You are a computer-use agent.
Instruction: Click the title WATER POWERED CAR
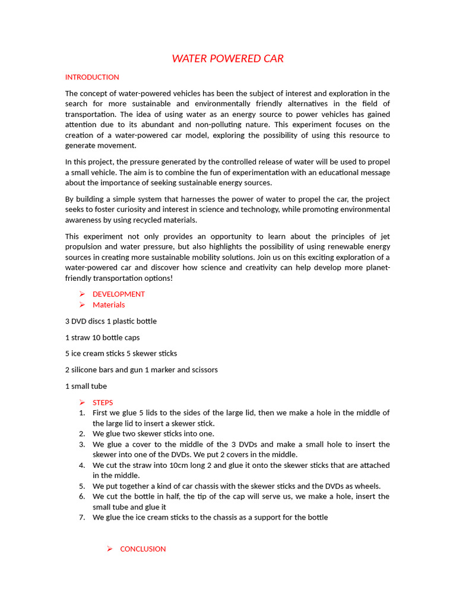228,59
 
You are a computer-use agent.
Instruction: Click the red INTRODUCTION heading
92,77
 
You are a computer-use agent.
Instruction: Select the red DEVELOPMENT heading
119,294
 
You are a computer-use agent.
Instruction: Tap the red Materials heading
109,305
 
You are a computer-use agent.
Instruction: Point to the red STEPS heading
103,403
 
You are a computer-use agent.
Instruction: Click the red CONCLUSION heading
143,549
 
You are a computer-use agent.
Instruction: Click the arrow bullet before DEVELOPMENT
82,294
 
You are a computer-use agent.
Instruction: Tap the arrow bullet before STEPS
82,403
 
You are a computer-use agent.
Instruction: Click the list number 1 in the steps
82,413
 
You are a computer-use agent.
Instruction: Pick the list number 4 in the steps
82,465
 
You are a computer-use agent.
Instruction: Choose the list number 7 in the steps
82,517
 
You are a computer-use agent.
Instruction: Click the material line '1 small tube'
86,386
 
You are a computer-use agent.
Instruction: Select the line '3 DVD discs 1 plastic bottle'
111,321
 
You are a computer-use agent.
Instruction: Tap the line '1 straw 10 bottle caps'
103,337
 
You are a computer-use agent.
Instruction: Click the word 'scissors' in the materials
204,370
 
